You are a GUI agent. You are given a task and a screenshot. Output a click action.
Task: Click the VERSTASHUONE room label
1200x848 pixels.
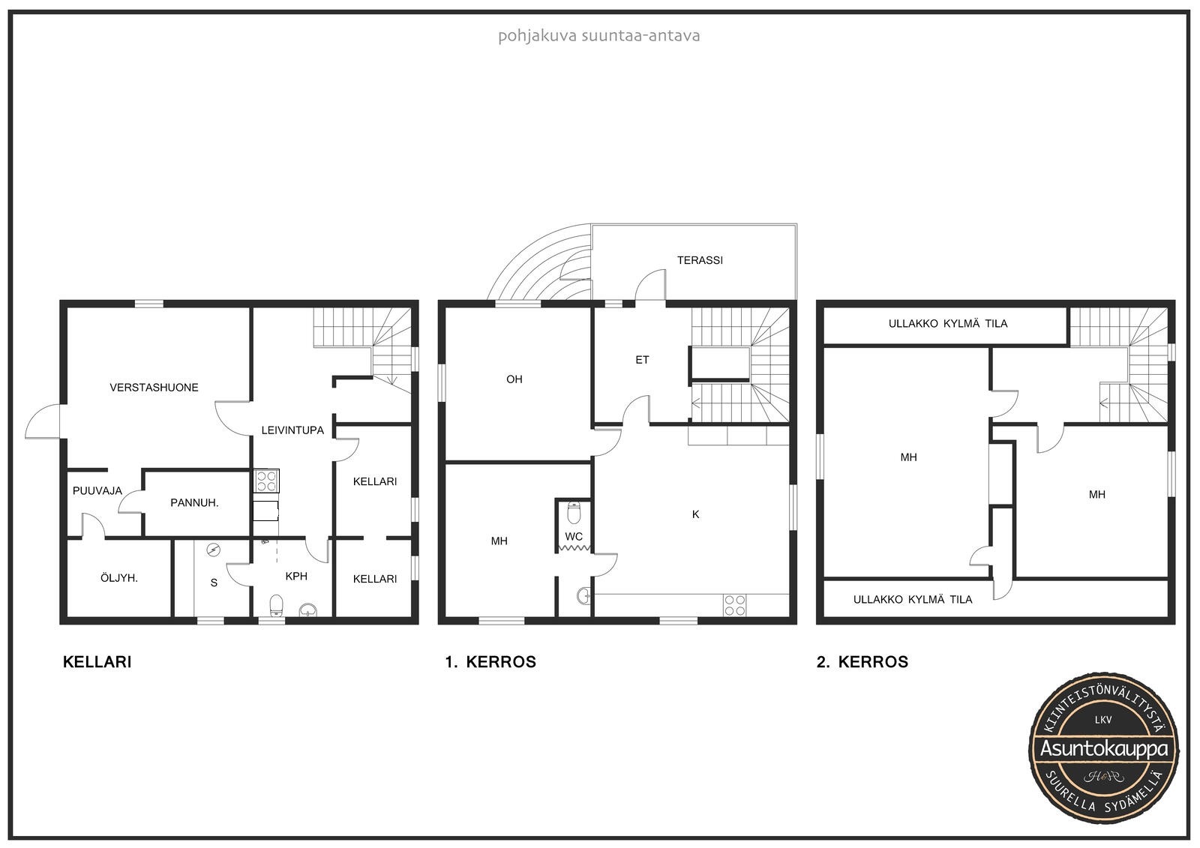(154, 388)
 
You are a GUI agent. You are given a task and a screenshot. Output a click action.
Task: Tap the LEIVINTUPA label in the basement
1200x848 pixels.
(292, 430)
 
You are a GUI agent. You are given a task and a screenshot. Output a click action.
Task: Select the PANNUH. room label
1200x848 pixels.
(194, 503)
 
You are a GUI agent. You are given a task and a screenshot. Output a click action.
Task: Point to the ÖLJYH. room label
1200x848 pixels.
(119, 578)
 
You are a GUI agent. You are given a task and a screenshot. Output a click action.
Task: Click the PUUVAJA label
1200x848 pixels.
(97, 490)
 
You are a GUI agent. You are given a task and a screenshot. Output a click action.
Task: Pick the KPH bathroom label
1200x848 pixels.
(296, 577)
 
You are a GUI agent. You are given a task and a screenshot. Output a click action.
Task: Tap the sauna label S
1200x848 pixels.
(214, 583)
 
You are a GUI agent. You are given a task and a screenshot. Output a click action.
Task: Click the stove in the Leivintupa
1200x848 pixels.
(266, 481)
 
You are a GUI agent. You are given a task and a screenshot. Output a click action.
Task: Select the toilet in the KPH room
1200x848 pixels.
(277, 605)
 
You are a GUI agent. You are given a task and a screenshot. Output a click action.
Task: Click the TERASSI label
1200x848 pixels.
(700, 260)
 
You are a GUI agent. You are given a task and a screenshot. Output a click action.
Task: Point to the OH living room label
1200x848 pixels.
(514, 379)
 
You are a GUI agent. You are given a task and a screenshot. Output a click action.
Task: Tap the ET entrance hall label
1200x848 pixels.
(642, 360)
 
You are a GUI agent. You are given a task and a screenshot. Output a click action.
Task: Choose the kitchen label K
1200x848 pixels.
(695, 514)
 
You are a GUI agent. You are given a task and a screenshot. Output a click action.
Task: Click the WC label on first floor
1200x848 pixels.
(574, 536)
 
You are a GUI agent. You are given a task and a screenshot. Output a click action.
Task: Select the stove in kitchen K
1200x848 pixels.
(734, 605)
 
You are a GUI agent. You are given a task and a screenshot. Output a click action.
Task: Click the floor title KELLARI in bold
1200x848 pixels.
(97, 662)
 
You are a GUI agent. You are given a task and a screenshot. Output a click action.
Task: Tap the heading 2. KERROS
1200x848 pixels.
(862, 662)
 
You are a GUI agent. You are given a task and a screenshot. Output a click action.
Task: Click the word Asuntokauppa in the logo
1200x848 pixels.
(1103, 748)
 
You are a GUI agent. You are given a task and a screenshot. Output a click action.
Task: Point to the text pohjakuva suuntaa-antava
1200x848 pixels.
(599, 36)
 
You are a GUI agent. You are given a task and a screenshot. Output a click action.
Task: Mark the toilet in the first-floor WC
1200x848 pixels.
(574, 513)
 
